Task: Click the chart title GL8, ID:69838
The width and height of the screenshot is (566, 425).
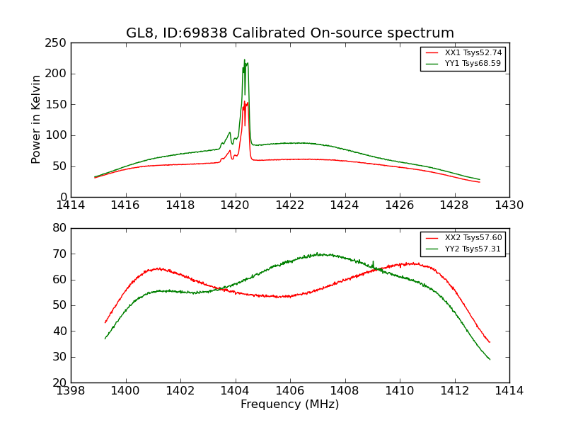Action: [289, 33]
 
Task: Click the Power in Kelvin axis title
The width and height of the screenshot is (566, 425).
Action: [37, 120]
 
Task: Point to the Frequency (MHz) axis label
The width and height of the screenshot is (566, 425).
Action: [289, 404]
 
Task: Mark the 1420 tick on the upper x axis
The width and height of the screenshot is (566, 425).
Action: [235, 205]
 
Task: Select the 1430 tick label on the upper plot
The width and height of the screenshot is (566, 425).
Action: [509, 205]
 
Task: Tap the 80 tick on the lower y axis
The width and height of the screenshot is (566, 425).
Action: [62, 228]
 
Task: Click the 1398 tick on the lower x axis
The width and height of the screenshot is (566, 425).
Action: [71, 390]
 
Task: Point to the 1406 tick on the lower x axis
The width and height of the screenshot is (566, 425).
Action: [290, 390]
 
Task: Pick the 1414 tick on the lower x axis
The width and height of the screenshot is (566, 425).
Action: [509, 390]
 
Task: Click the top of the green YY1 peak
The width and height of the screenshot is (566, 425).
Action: [245, 60]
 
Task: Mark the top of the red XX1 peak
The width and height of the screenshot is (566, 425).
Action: [246, 102]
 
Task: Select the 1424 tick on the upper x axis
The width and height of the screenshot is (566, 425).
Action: [345, 205]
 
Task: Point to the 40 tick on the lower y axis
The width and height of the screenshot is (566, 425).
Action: [62, 331]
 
